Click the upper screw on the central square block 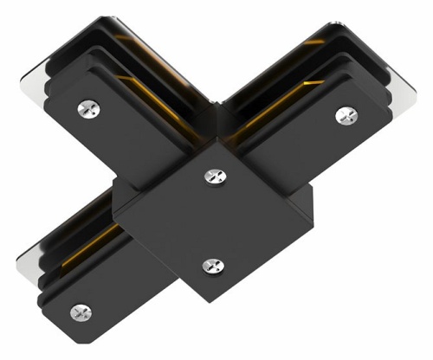tap(213, 176)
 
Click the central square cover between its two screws tap(211, 221)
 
